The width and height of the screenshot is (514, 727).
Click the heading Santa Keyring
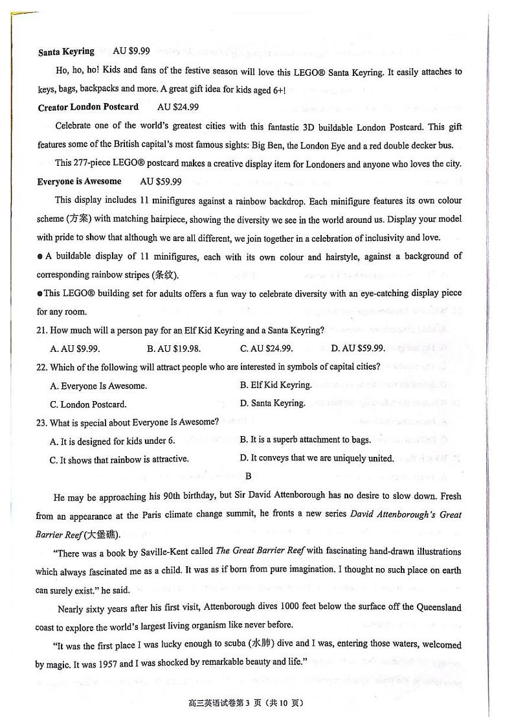(66, 51)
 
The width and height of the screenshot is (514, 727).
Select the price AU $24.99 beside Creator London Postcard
(178, 107)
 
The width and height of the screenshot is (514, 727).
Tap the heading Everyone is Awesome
(79, 181)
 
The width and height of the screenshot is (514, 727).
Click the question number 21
(41, 330)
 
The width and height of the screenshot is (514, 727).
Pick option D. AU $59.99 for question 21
(357, 348)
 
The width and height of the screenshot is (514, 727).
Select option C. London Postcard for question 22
(88, 404)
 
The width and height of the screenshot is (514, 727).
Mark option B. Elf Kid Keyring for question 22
(276, 385)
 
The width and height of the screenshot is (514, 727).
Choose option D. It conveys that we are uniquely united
(317, 458)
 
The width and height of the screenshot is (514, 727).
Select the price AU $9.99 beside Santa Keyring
(131, 51)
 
